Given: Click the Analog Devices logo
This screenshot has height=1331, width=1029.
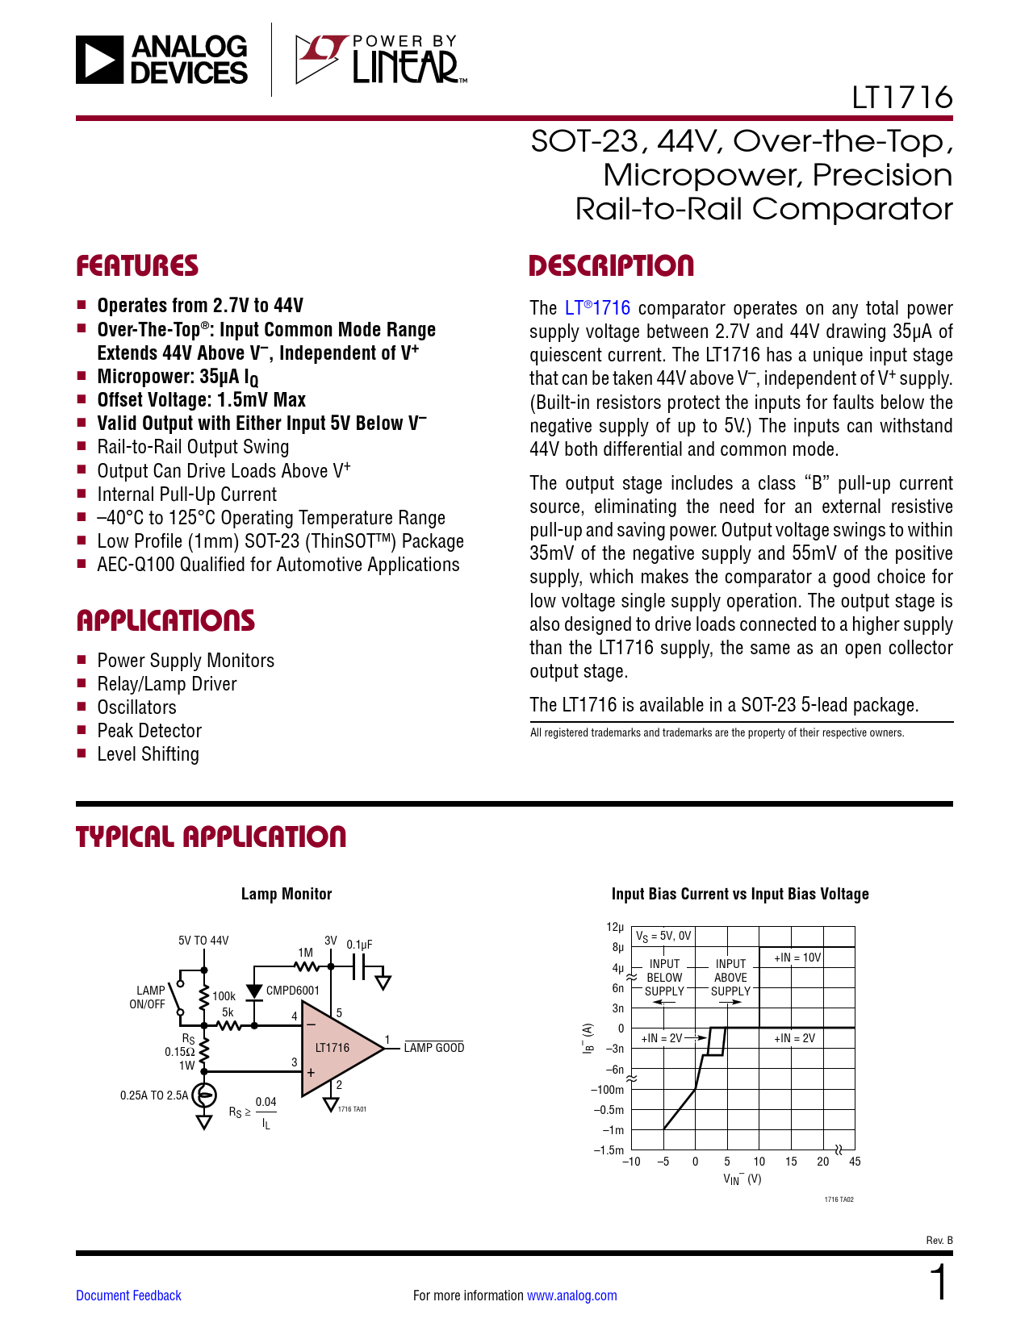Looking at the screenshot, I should (162, 60).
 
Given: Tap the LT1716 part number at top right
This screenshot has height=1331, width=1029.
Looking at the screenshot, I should (901, 98).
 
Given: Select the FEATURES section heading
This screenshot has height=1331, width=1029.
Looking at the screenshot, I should (137, 266).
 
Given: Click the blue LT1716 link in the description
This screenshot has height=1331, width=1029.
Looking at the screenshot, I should (597, 308).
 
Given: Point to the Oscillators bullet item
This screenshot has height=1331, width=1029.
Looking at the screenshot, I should (136, 707).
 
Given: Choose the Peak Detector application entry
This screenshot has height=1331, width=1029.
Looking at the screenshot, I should (149, 731).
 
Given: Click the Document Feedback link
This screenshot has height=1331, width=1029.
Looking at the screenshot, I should (128, 1296).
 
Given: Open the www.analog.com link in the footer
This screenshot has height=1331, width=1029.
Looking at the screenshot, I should (571, 1296).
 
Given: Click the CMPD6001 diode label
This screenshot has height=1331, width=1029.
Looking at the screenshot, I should (293, 991).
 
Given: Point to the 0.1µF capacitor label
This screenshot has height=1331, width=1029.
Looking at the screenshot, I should (359, 945).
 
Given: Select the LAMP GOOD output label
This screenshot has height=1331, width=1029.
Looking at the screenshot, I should (434, 1048).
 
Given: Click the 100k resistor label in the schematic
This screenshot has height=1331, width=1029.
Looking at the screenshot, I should (224, 996).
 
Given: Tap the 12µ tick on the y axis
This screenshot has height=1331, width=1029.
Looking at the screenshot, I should (615, 928).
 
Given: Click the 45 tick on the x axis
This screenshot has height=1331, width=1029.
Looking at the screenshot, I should (855, 1162).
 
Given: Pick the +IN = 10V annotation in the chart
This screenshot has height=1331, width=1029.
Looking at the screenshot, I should (797, 958).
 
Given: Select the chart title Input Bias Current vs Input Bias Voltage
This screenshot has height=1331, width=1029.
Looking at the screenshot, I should (740, 894).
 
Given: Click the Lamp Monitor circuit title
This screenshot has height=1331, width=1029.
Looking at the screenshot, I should (287, 894).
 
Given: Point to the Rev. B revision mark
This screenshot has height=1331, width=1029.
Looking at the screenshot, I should (939, 1240).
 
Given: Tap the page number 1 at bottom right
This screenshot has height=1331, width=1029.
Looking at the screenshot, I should (939, 1284).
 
